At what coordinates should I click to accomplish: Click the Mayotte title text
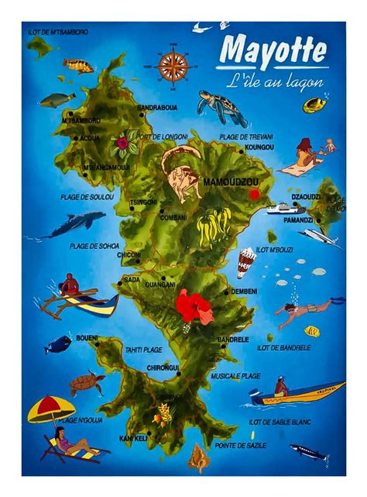(272, 51)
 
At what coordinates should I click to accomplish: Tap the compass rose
(173, 65)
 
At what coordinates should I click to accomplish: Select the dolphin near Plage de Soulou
(75, 225)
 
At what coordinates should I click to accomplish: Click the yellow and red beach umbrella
(51, 408)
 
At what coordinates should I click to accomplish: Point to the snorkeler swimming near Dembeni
(306, 312)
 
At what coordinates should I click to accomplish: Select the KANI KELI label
(134, 439)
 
